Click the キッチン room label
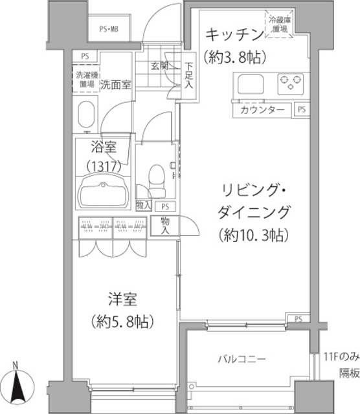[x=234, y=34]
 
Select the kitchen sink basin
[x=249, y=84]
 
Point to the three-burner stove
[x=291, y=83]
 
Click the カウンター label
[x=262, y=110]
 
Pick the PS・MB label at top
[x=109, y=28]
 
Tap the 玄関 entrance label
[x=160, y=66]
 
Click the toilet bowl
[x=156, y=177]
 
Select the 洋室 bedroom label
[x=122, y=300]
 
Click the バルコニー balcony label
[x=241, y=359]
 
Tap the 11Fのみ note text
[x=341, y=356]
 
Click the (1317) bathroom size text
[x=103, y=166]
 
